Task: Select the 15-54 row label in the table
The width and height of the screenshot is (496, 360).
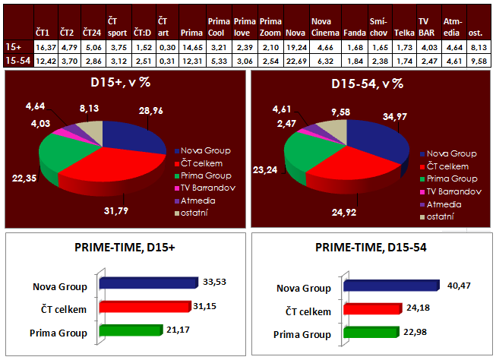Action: [15, 59]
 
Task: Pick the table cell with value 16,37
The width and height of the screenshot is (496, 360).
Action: [46, 46]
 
